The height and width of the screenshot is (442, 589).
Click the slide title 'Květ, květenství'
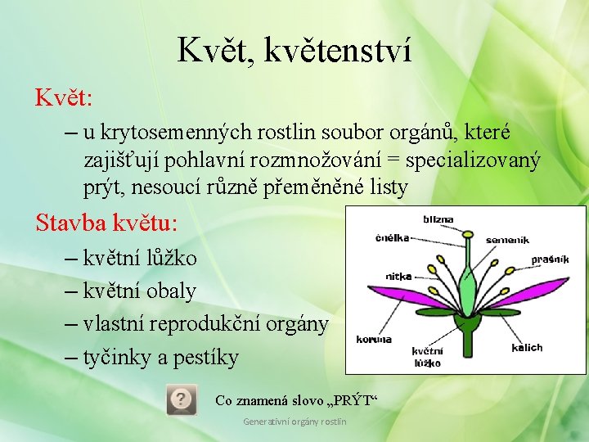coord(294,51)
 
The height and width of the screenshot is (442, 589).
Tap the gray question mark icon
coord(181,399)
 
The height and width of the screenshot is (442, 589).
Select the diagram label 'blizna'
coord(438,219)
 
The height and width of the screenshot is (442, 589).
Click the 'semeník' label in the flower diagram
coord(507,240)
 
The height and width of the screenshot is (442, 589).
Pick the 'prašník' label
coord(549,259)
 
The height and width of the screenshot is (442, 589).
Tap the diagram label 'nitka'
coord(398,277)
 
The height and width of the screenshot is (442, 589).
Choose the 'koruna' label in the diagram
coord(373,339)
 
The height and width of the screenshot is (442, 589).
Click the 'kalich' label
coord(527,347)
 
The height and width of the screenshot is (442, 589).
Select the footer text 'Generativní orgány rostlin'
coord(294,422)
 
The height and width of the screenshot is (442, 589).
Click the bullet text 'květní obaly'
coord(140,291)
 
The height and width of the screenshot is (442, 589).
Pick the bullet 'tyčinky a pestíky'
coord(160,357)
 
